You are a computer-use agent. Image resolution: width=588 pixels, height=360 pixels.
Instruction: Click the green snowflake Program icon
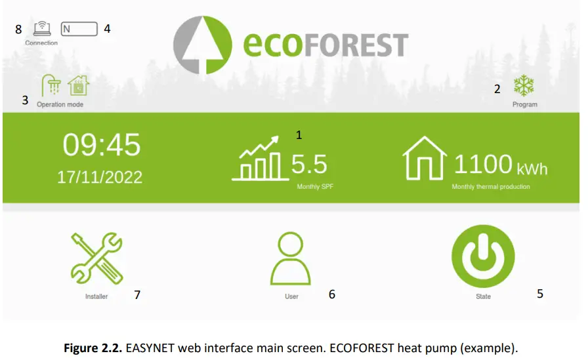pyautogui.click(x=524, y=86)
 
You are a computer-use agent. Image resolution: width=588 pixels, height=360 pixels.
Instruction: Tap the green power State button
pyautogui.click(x=483, y=260)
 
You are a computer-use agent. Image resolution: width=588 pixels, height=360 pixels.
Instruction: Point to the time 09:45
pyautogui.click(x=102, y=144)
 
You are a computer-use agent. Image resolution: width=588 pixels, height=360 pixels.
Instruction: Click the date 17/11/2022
pyautogui.click(x=100, y=177)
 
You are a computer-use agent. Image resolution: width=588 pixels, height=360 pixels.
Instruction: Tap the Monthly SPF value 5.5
pyautogui.click(x=309, y=164)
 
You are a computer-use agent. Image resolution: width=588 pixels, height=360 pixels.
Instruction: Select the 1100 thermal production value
pyautogui.click(x=483, y=164)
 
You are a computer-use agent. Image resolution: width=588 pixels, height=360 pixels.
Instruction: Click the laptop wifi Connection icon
pyautogui.click(x=41, y=29)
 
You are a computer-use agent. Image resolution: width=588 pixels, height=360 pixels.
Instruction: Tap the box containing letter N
pyautogui.click(x=79, y=29)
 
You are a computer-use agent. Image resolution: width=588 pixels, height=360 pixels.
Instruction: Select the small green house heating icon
pyautogui.click(x=77, y=85)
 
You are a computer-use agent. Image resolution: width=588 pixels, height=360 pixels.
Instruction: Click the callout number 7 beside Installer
pyautogui.click(x=136, y=295)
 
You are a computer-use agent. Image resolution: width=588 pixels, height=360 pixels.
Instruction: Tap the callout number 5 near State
pyautogui.click(x=540, y=294)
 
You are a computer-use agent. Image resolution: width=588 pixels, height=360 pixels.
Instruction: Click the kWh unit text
pyautogui.click(x=532, y=169)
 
